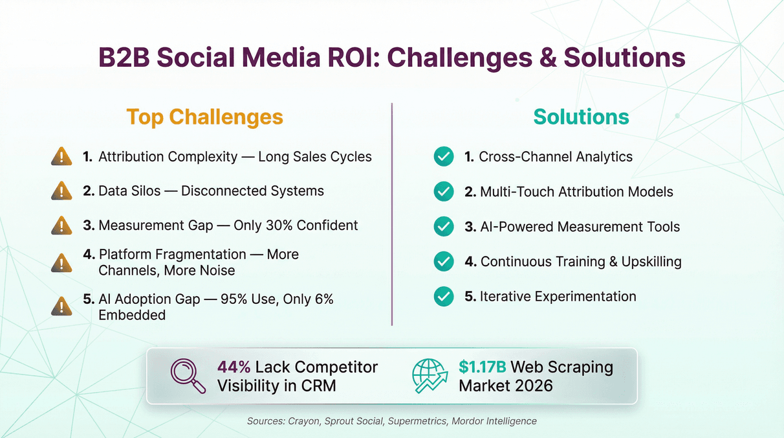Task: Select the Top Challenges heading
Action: pyautogui.click(x=204, y=117)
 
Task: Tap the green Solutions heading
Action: pyautogui.click(x=581, y=117)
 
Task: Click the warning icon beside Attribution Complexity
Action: pyautogui.click(x=61, y=156)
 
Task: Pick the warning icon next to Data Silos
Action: pyautogui.click(x=61, y=190)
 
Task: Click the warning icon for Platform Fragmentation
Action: pyautogui.click(x=61, y=262)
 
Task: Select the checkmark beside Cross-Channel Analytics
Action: pyautogui.click(x=443, y=156)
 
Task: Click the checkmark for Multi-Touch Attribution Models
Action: pyautogui.click(x=443, y=192)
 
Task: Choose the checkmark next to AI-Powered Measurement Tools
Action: pyautogui.click(x=443, y=227)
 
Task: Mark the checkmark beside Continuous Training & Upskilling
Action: pyautogui.click(x=443, y=261)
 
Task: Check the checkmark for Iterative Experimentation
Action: pyautogui.click(x=443, y=296)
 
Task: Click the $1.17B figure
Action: pyautogui.click(x=483, y=367)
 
